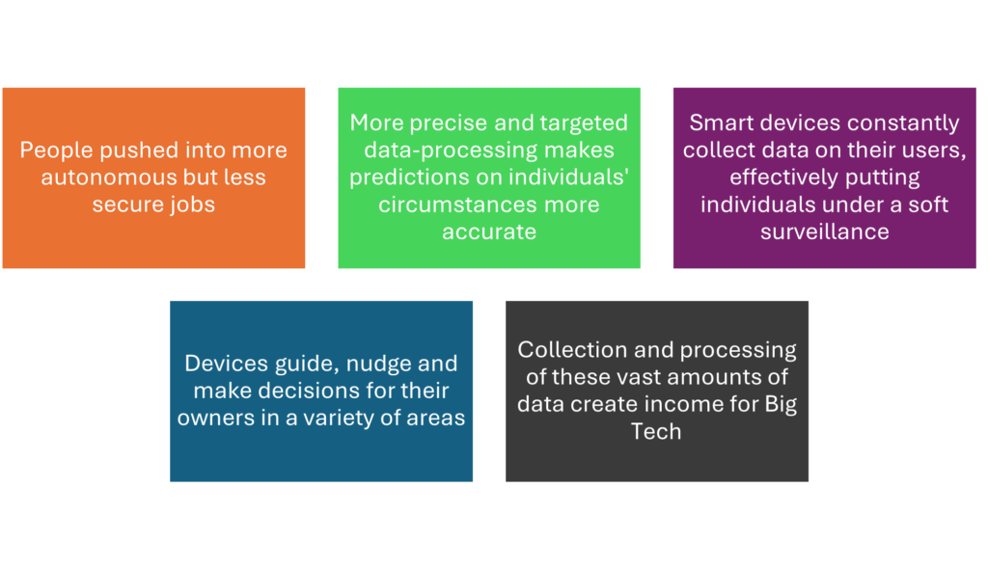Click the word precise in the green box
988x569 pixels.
point(451,123)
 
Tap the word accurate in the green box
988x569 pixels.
point(489,231)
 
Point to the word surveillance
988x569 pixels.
point(824,231)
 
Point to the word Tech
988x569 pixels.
point(656,432)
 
